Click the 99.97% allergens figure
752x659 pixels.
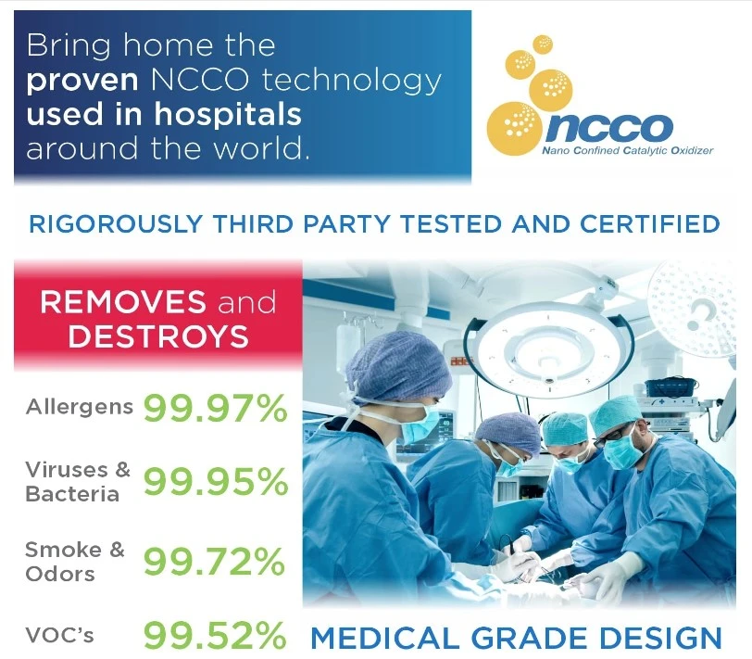(x=216, y=408)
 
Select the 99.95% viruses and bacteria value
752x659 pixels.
(x=216, y=481)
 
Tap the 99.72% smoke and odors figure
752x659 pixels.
(x=214, y=562)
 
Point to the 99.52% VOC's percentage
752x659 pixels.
(x=215, y=635)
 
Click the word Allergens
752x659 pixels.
(x=79, y=408)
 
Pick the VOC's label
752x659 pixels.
(x=60, y=635)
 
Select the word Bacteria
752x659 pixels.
(x=72, y=494)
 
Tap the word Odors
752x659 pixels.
(x=60, y=574)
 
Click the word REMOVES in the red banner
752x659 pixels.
(x=123, y=302)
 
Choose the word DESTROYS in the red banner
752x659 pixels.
(x=158, y=336)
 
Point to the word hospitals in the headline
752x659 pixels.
(x=228, y=114)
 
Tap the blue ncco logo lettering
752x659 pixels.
(x=609, y=128)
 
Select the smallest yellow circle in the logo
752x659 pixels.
(x=543, y=44)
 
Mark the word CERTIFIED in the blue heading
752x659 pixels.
(x=650, y=224)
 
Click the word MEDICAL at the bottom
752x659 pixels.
(x=385, y=638)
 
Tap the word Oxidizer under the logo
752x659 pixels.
(x=692, y=151)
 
